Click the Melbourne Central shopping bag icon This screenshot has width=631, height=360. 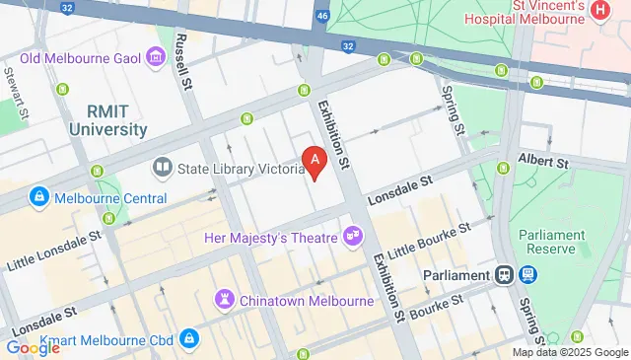point(38,196)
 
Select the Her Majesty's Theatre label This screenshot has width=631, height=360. point(270,237)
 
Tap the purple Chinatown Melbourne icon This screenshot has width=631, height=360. point(226,298)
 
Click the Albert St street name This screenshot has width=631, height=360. point(548,161)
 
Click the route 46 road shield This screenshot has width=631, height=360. point(321,17)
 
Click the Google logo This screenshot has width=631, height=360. point(33,347)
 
